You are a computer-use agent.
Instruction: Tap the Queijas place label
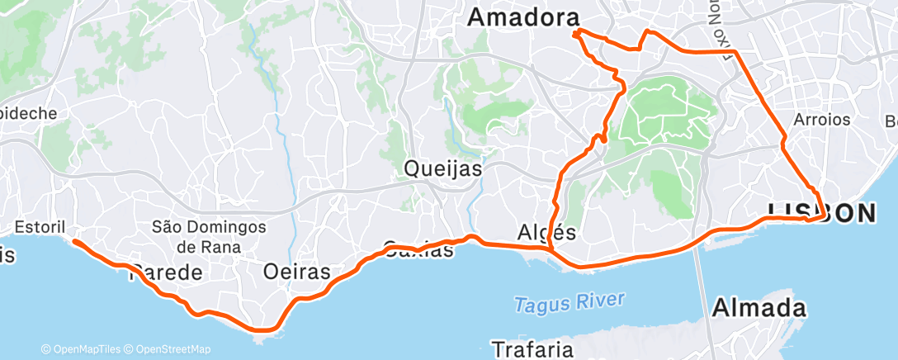(443, 170)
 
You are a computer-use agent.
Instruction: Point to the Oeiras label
(296, 271)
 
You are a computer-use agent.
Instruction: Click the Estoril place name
(40, 225)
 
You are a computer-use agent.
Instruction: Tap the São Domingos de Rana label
(210, 236)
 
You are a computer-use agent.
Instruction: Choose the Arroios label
(821, 120)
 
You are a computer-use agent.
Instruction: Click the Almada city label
(758, 309)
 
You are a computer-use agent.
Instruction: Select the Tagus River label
(570, 302)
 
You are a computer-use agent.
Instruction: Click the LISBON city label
(820, 212)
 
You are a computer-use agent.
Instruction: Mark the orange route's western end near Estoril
(74, 241)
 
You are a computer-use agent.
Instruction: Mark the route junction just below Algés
(550, 249)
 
